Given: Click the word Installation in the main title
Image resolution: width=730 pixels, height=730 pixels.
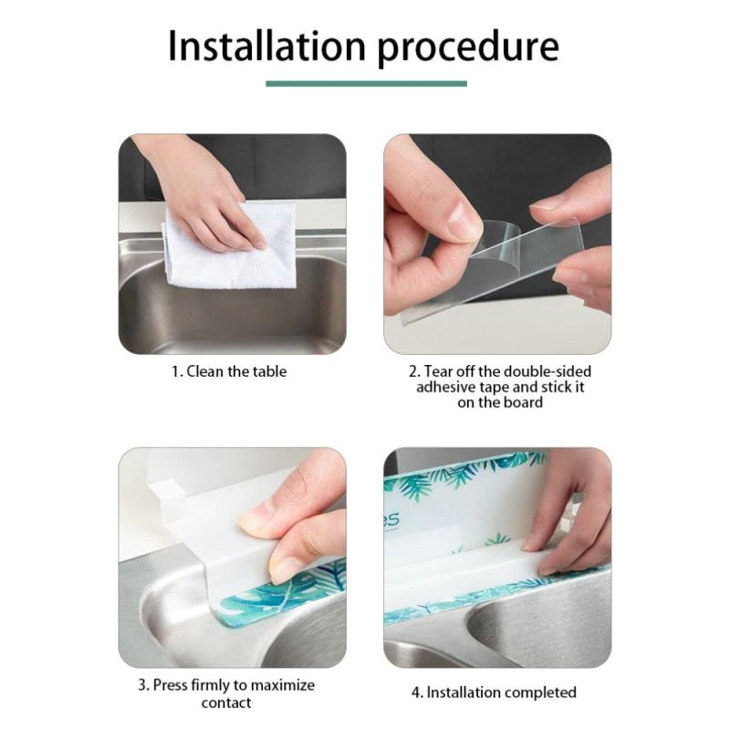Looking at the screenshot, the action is pos(266,46).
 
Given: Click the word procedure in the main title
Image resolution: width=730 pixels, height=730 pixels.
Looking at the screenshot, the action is pos(468,48).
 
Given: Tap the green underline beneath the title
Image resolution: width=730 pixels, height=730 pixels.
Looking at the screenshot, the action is pos(366,84).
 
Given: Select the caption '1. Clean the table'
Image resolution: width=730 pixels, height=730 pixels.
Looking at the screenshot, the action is pos(229,371).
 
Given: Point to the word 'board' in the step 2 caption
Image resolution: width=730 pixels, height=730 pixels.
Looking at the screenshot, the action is pos(523,401).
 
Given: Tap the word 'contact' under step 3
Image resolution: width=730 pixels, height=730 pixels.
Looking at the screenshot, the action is pos(226,703).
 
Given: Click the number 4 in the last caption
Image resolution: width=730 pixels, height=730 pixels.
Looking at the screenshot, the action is pos(416,693).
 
